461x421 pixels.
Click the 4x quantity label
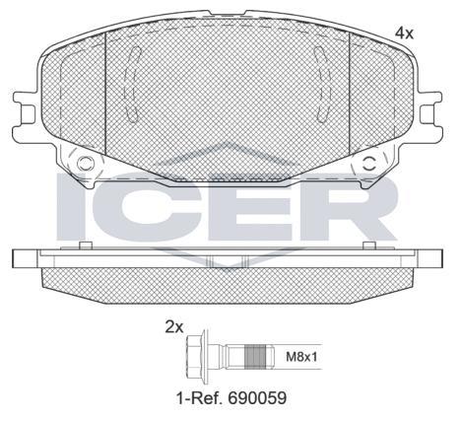[404, 34]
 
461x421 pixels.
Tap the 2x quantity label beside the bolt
[174, 327]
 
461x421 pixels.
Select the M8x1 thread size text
[301, 357]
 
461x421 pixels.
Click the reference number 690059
[257, 398]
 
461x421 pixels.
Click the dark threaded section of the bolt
[255, 357]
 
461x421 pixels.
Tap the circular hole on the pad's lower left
[85, 164]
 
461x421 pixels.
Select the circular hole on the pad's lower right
[369, 164]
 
